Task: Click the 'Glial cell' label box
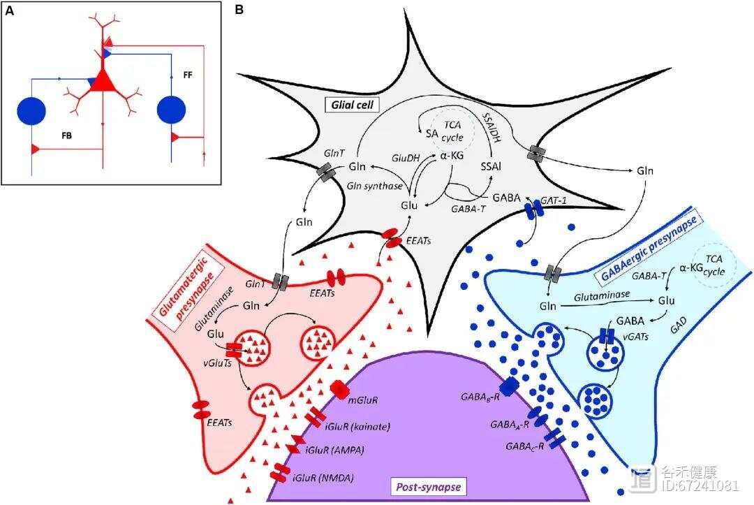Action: pos(353,104)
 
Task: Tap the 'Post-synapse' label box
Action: pos(428,487)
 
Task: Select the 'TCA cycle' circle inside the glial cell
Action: pos(452,131)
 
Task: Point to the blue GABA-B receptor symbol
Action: pos(508,386)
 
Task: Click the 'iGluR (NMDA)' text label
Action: pos(323,478)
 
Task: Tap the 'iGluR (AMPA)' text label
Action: pos(334,451)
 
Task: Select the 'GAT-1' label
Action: pos(553,200)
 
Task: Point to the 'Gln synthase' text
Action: pos(375,186)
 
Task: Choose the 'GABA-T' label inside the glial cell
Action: pos(468,209)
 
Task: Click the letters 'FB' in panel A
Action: pos(67,136)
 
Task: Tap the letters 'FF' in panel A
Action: pos(188,75)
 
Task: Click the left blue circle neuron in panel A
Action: pos(31,111)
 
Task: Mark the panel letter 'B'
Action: pos(239,9)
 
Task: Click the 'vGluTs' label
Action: pos(217,362)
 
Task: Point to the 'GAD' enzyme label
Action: pos(678,325)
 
